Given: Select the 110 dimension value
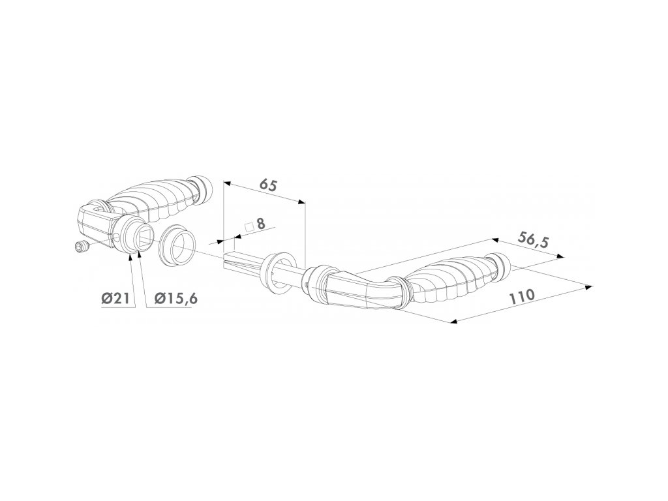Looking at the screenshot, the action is click(x=521, y=297).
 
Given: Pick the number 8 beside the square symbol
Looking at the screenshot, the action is click(x=260, y=223).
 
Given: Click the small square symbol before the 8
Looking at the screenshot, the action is click(x=249, y=226).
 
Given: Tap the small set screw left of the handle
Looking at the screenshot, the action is click(x=82, y=247).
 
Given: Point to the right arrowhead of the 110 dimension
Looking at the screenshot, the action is click(x=588, y=286).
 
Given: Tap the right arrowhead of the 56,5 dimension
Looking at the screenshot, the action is click(x=562, y=259).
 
